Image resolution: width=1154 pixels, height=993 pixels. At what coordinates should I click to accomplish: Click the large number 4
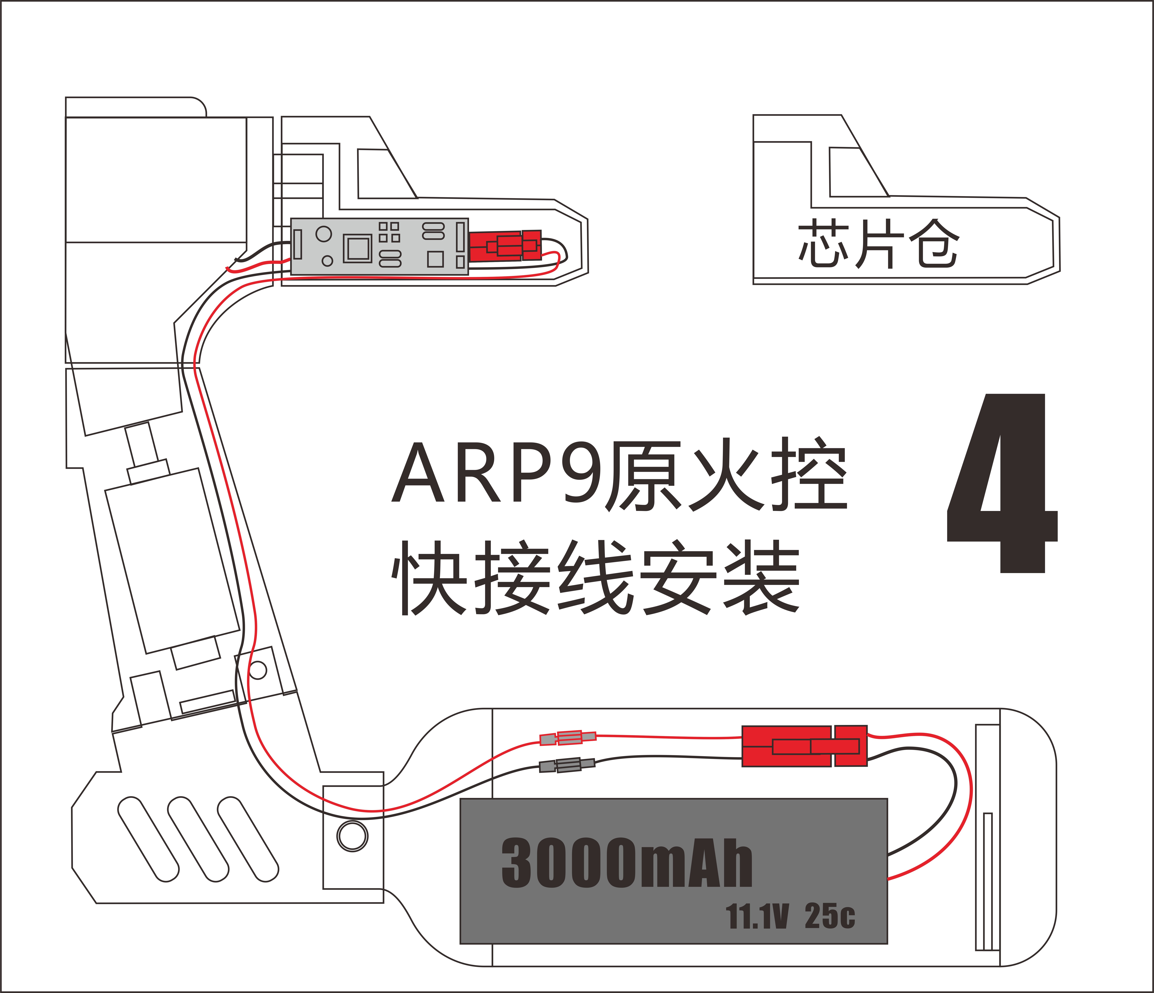pyautogui.click(x=1003, y=485)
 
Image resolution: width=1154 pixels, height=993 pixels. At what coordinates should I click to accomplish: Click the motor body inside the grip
pyautogui.click(x=173, y=560)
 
